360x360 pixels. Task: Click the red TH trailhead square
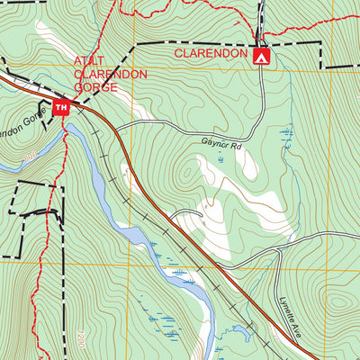click(62, 109)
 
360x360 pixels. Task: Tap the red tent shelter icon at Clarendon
click(262, 57)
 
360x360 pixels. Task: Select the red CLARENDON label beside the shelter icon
click(211, 54)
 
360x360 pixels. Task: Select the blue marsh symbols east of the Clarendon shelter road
click(286, 135)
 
